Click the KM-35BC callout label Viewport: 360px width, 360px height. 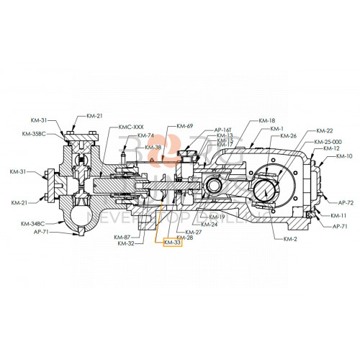tap(32, 134)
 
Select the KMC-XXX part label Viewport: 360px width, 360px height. tap(132, 126)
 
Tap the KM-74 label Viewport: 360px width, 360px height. tap(146, 135)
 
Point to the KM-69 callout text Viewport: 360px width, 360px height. tap(184, 126)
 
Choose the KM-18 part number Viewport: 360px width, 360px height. tap(266, 120)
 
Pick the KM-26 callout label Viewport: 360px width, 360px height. tap(288, 136)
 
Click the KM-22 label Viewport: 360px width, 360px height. tap(324, 131)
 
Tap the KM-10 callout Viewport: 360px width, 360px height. tap(344, 156)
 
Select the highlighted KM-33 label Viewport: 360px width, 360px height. tap(173, 243)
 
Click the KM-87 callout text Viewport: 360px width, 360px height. tap(122, 237)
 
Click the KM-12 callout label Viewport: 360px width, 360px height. tap(331, 148)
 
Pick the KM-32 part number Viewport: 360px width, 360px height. tap(125, 243)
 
